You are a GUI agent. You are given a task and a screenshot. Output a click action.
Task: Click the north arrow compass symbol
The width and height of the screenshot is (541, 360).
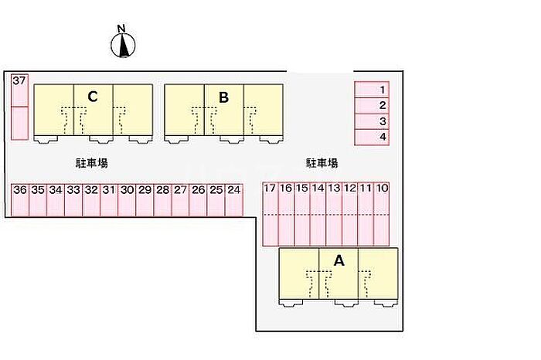click(x=123, y=45)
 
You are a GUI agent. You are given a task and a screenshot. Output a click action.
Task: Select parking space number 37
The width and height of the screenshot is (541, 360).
click(x=19, y=90)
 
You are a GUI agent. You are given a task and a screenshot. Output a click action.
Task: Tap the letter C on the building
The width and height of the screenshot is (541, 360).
click(x=93, y=97)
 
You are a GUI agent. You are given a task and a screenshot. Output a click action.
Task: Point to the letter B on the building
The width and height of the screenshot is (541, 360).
click(x=223, y=97)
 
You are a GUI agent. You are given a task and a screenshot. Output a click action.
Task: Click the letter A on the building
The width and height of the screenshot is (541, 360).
click(x=339, y=260)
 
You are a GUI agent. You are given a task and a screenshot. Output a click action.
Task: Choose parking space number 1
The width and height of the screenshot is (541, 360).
click(x=372, y=90)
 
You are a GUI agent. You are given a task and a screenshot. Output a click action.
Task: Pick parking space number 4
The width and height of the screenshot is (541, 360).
click(x=372, y=138)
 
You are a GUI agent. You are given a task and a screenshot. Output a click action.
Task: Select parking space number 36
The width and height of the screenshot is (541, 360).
click(x=20, y=200)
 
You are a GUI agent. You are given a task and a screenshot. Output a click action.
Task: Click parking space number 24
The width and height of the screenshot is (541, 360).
click(x=234, y=200)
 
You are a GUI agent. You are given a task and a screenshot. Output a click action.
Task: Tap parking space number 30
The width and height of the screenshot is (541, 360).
click(x=127, y=200)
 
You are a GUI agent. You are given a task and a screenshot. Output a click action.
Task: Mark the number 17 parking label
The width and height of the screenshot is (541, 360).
click(x=270, y=188)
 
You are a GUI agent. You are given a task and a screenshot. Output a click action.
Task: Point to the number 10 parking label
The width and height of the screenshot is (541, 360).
click(x=382, y=188)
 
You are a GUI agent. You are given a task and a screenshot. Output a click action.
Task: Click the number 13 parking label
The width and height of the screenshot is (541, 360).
click(x=334, y=188)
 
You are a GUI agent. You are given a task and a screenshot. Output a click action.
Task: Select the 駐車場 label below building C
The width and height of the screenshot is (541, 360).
click(x=92, y=163)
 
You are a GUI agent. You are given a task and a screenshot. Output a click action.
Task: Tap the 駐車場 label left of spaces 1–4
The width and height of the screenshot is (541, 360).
click(x=322, y=163)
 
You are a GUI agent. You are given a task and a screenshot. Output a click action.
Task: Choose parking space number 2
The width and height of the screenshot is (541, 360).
click(x=372, y=106)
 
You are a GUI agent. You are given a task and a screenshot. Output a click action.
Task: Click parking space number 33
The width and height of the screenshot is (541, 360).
click(x=73, y=200)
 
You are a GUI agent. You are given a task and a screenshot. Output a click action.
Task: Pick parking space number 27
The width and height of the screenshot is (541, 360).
click(x=180, y=200)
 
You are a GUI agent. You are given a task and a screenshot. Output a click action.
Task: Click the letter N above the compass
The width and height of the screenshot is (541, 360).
click(x=121, y=29)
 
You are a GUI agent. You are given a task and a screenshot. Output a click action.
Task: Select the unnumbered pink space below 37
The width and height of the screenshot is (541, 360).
click(x=19, y=123)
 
